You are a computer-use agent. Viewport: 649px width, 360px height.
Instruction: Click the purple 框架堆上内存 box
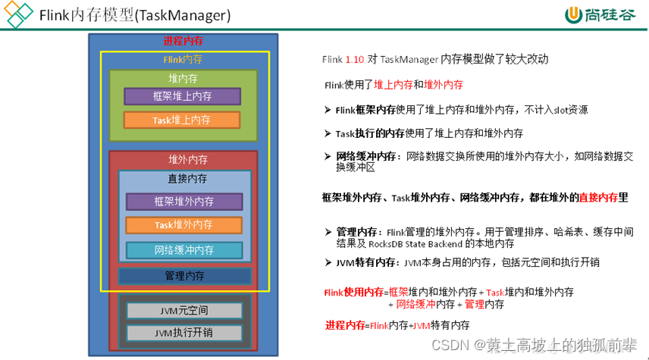182,96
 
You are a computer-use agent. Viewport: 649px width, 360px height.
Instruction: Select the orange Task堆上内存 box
182,120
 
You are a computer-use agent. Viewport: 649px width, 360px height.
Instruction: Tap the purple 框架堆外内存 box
184,202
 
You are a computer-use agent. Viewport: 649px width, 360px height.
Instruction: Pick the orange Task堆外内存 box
184,225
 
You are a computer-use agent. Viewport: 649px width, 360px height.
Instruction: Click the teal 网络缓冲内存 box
184,250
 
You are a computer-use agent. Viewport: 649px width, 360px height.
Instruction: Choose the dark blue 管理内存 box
184,276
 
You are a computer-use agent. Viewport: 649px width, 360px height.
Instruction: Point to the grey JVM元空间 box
184,311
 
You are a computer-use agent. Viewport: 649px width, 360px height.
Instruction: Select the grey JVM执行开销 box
184,333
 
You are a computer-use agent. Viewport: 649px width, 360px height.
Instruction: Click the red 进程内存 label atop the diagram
183,41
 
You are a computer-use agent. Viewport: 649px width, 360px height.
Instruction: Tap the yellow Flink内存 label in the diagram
183,59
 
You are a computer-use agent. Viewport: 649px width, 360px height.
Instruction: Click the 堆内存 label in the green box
183,77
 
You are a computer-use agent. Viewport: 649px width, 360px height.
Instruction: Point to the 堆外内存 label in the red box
184,160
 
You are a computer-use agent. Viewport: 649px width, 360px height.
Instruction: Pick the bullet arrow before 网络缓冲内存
328,157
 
